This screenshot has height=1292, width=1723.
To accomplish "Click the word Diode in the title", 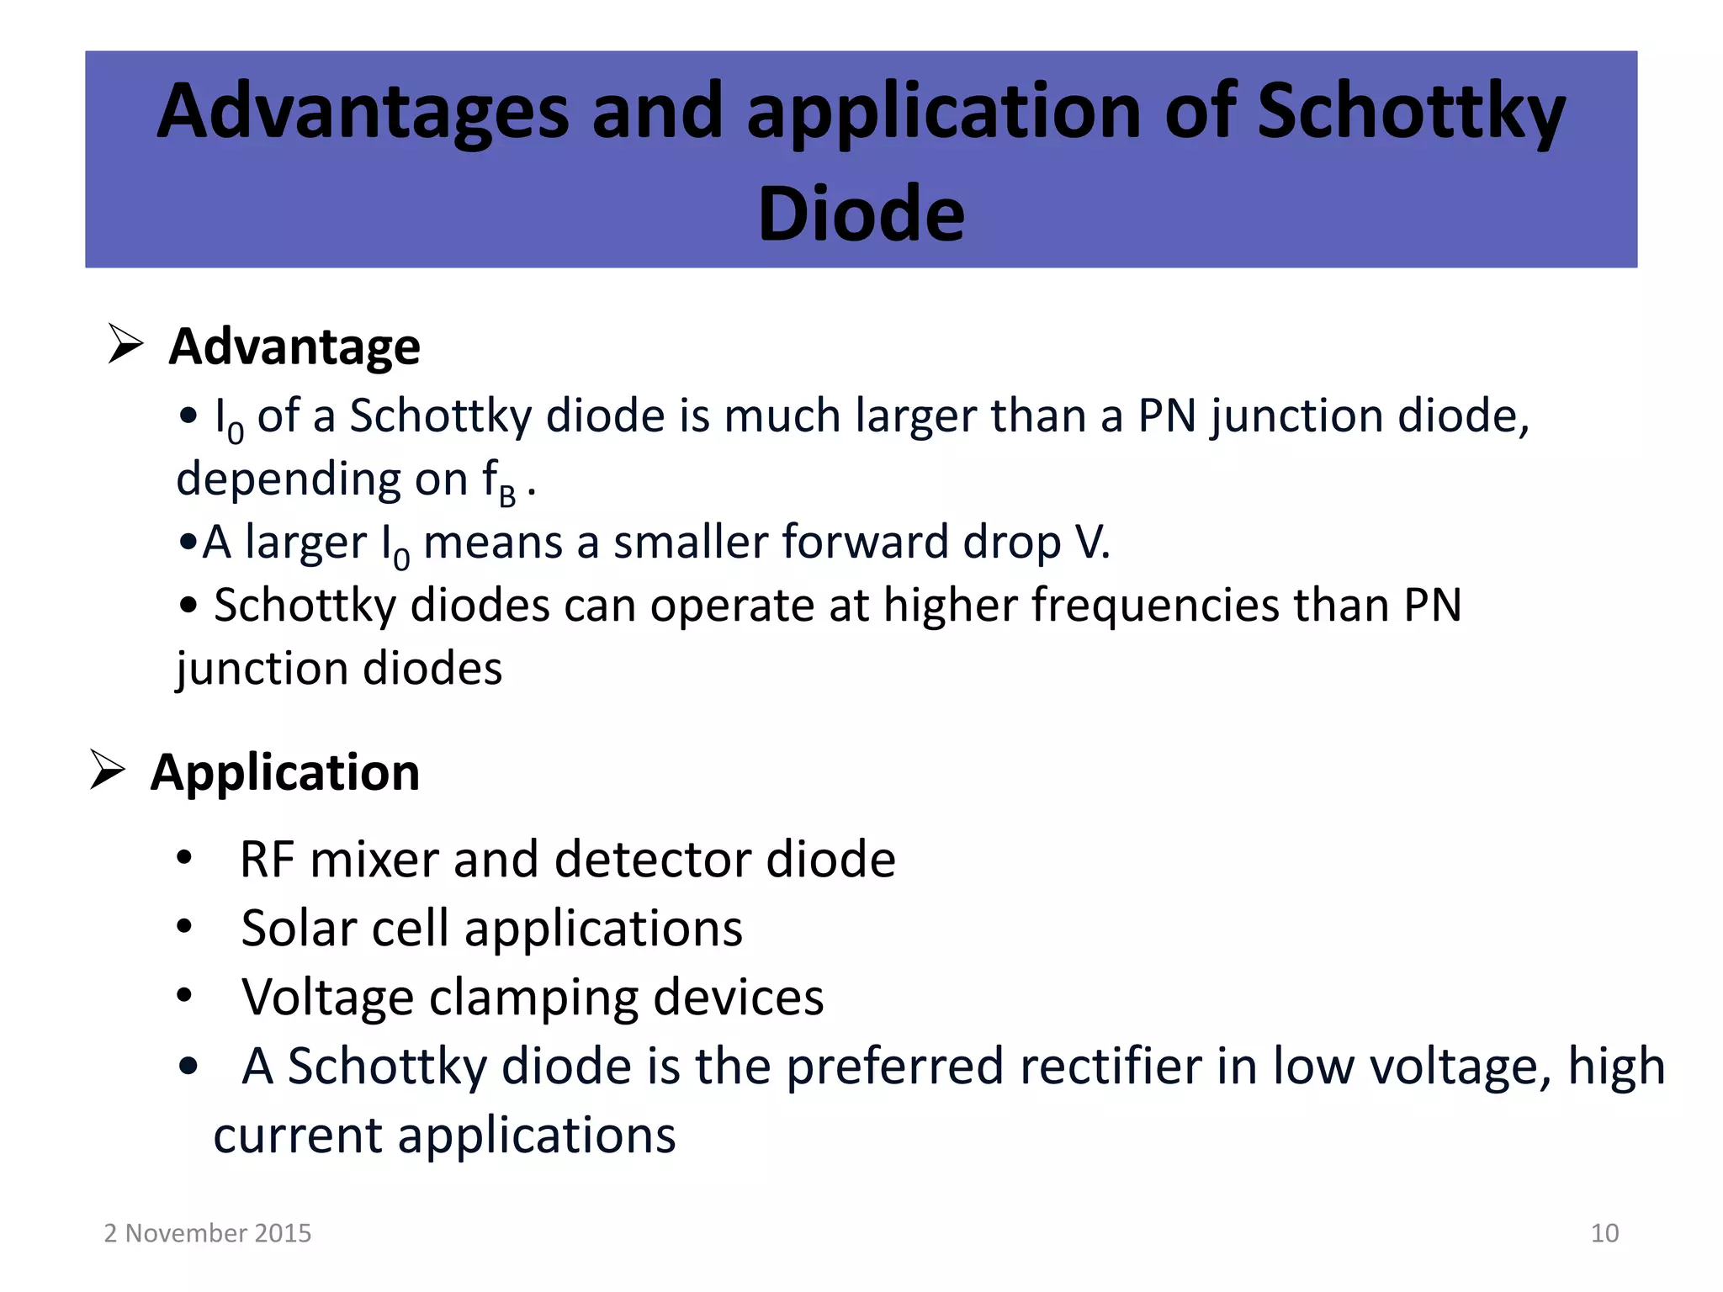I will (861, 214).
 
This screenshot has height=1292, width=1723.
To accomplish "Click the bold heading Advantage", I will (294, 347).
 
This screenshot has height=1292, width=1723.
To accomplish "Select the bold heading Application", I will (284, 772).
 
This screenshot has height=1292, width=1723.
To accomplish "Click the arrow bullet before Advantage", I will (126, 344).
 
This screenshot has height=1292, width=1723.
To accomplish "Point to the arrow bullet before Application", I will (108, 770).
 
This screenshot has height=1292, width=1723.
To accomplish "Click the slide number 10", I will (1604, 1233).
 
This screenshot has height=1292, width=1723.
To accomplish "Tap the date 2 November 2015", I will (208, 1233).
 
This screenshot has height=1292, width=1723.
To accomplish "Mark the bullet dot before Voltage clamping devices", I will (185, 997).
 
